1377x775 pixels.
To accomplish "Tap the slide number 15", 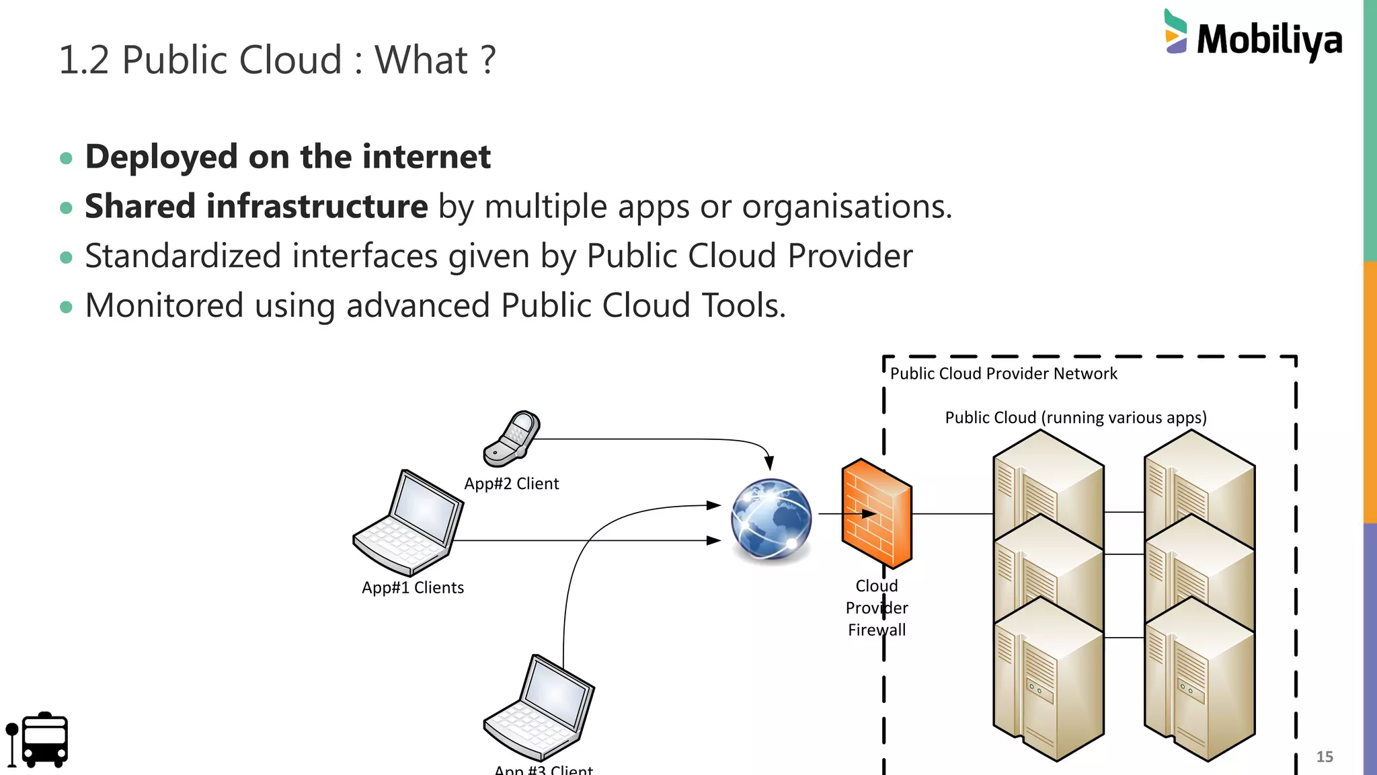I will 1324,757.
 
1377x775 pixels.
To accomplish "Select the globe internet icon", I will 771,519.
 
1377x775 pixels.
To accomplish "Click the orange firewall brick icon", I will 876,513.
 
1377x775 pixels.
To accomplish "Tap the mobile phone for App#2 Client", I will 512,439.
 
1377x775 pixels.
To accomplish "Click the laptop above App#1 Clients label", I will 409,523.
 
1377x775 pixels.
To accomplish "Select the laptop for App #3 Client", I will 539,708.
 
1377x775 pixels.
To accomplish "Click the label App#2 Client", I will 511,484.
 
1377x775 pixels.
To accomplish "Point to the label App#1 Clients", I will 413,588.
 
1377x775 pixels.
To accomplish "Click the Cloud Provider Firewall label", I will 877,608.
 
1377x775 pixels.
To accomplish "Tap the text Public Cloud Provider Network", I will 1003,374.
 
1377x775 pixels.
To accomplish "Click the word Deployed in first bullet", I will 161,157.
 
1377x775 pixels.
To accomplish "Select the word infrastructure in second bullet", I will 317,207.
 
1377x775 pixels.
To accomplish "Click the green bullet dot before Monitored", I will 66,307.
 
